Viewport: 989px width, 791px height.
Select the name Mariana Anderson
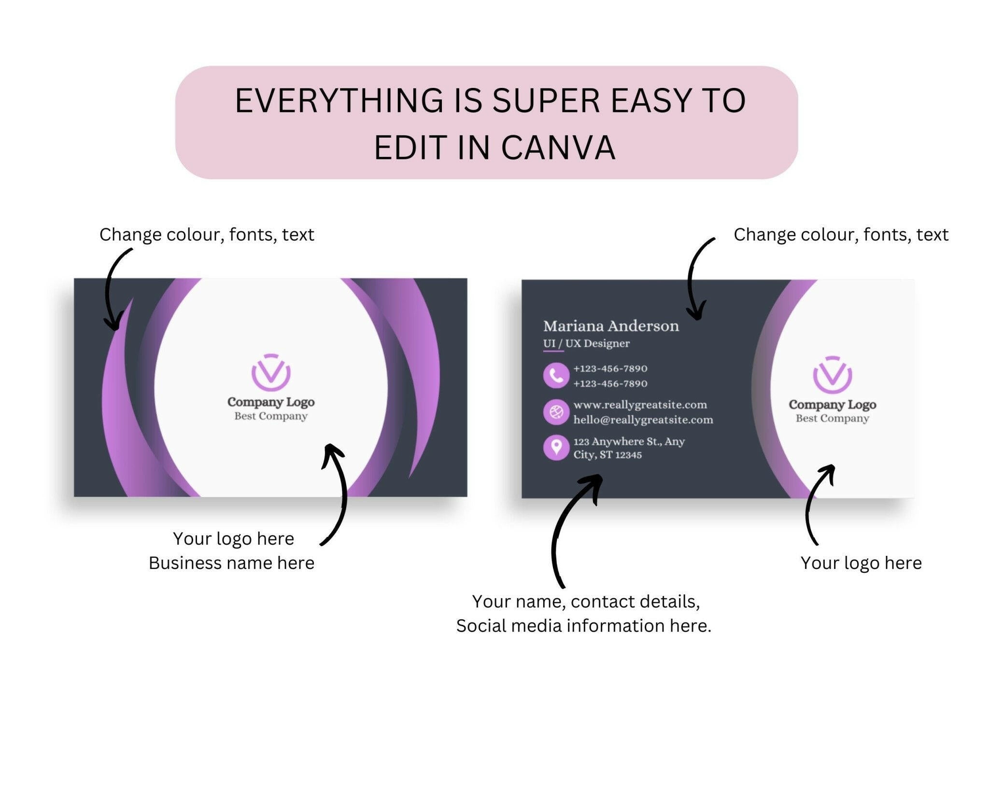[611, 326]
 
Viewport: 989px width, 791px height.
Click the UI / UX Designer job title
[586, 343]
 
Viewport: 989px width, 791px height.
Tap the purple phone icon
[556, 375]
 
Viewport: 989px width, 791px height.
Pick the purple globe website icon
[556, 412]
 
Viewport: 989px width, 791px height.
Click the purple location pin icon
[556, 447]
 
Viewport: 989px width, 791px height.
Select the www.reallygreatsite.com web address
[640, 405]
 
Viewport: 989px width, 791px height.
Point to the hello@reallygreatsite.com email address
[643, 420]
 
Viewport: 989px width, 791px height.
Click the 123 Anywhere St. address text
[629, 448]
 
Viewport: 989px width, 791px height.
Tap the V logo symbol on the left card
[271, 372]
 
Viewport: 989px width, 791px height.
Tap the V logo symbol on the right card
[833, 375]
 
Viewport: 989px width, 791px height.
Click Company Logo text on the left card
[271, 402]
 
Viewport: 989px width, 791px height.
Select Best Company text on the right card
[833, 418]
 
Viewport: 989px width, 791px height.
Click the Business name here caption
[231, 563]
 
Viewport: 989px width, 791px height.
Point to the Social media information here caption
[584, 626]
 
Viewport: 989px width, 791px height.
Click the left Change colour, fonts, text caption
[207, 235]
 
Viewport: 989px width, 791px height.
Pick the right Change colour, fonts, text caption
[841, 235]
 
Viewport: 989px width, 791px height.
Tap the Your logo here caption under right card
[861, 563]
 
